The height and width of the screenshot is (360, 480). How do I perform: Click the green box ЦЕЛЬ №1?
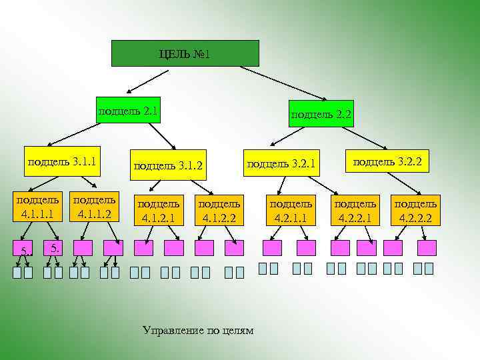click(185, 53)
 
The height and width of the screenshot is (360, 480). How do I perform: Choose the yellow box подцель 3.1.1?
click(61, 161)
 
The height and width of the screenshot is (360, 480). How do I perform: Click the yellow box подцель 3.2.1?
click(281, 163)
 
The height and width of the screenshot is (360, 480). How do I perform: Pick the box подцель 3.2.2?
click(387, 161)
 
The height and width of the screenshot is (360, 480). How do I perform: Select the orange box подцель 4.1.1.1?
click(37, 207)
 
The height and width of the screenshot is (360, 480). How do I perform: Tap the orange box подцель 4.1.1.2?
click(93, 207)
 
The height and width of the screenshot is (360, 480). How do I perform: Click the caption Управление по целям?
click(199, 331)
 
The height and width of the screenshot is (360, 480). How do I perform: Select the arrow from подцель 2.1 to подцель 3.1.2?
click(160, 137)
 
